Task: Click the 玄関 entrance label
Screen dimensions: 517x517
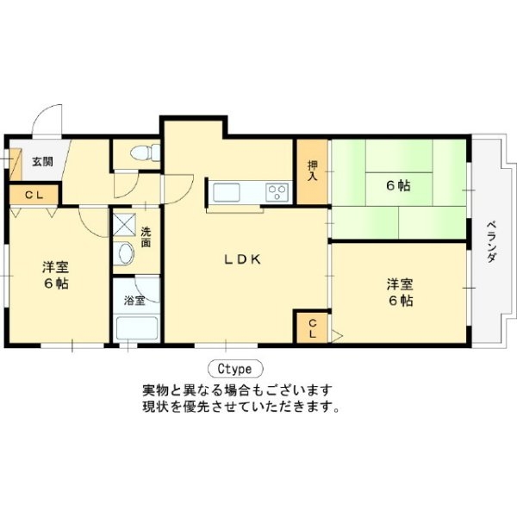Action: point(42,162)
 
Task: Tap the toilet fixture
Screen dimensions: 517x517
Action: point(145,153)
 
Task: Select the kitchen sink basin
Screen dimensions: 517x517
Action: point(226,192)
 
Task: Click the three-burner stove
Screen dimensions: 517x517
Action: point(277,192)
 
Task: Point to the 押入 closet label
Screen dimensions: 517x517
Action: point(312,171)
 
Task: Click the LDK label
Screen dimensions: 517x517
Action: point(243,259)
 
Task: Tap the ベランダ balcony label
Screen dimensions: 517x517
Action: point(492,241)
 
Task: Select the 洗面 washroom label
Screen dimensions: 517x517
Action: point(146,237)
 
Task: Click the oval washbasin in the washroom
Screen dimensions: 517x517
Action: point(126,253)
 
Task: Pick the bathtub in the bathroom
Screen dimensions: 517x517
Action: point(137,328)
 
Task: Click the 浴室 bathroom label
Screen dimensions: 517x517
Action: point(135,301)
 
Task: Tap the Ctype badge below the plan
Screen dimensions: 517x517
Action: point(235,369)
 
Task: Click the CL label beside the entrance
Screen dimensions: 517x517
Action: point(34,196)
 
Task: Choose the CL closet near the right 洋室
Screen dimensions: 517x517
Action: point(312,328)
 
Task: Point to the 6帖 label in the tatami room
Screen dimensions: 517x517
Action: point(399,186)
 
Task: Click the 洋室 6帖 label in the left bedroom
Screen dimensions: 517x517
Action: point(55,276)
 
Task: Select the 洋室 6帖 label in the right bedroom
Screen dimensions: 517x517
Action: point(400,292)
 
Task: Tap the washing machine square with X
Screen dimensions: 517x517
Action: point(124,224)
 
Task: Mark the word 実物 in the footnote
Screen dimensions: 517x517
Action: point(156,390)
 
